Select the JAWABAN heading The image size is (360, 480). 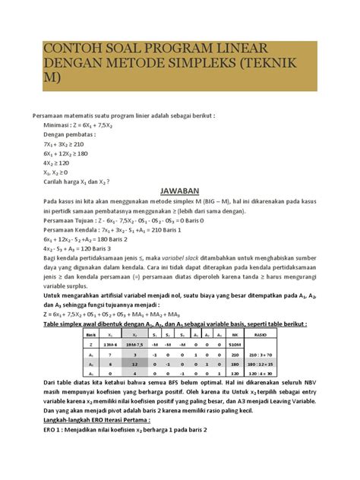tap(179, 191)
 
